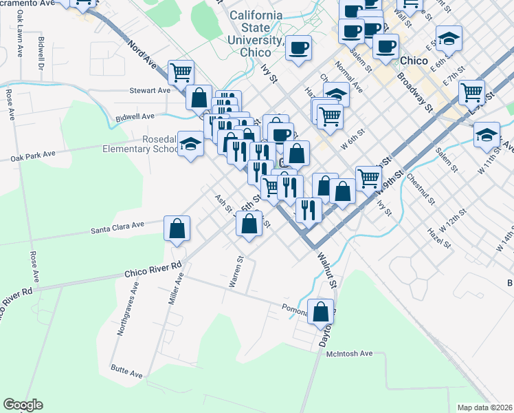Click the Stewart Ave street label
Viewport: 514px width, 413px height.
tap(150, 90)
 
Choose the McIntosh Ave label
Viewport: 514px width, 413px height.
tap(348, 353)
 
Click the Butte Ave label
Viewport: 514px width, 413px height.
tap(127, 372)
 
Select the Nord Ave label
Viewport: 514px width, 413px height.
tap(142, 53)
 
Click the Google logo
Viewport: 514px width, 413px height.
tap(23, 405)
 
